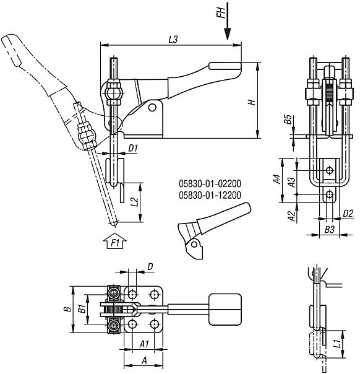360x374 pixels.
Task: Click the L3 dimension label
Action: (x=173, y=38)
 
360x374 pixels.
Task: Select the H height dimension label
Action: (x=252, y=103)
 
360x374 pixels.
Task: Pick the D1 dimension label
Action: (x=132, y=148)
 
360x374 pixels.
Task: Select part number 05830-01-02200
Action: (x=209, y=184)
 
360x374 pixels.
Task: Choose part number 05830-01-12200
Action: (x=209, y=195)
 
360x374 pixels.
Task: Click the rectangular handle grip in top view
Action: (x=225, y=309)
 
